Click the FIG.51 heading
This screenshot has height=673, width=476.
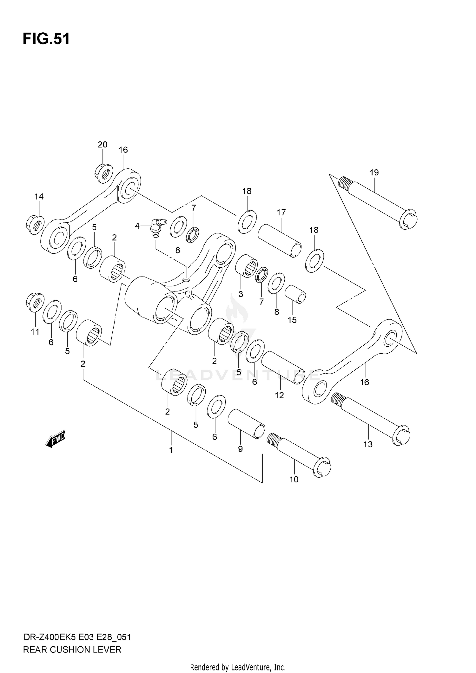coord(46,39)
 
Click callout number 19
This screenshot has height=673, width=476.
coord(374,173)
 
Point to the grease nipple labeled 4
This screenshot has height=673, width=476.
coord(156,226)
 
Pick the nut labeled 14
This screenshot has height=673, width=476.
coord(35,225)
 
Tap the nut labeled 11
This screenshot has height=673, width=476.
coord(35,302)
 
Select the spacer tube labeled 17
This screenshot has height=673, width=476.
coord(279,240)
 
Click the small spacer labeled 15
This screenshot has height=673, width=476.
coord(295,295)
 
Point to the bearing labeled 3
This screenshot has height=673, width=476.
coord(247,268)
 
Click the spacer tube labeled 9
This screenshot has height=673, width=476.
coord(246,424)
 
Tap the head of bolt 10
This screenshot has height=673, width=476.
coord(322,468)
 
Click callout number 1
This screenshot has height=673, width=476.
coord(171,450)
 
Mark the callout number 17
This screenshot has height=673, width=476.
coord(281,212)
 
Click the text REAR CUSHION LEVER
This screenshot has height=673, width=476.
coord(72,650)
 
